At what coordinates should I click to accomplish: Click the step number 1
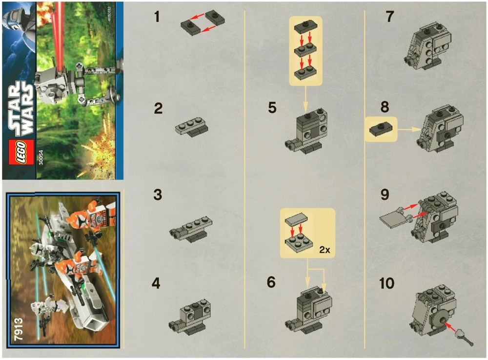(157, 17)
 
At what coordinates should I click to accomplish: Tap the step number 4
(157, 283)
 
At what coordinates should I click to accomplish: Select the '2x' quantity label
(324, 249)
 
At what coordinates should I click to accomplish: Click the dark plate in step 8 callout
(381, 129)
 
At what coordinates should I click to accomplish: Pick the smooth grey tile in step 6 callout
(294, 221)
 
